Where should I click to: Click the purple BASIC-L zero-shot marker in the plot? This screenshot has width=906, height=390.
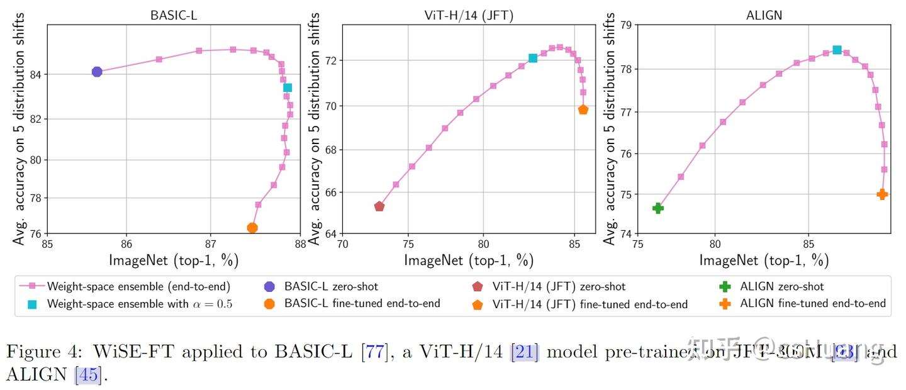(97, 72)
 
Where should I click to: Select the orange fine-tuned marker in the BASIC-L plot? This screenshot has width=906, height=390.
(252, 228)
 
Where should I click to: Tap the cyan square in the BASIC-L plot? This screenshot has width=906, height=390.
(288, 87)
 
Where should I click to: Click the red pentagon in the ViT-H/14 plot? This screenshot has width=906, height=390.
(379, 206)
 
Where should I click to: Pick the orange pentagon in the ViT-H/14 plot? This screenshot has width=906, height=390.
(583, 109)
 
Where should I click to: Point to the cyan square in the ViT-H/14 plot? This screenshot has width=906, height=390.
(533, 58)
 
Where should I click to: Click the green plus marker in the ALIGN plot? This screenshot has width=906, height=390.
(658, 208)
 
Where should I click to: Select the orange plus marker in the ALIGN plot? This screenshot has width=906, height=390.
(882, 194)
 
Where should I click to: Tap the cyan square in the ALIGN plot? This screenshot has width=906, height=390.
(837, 50)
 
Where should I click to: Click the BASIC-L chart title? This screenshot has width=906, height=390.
(174, 15)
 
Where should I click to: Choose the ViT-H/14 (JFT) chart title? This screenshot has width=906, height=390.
(469, 15)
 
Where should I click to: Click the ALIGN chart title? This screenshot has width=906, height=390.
(763, 15)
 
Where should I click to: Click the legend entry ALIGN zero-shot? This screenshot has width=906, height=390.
(782, 287)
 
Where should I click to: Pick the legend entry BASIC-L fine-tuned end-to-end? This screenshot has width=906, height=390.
(362, 304)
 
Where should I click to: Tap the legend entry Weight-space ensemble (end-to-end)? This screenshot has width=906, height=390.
(138, 287)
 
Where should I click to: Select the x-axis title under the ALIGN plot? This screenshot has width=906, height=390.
(763, 259)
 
